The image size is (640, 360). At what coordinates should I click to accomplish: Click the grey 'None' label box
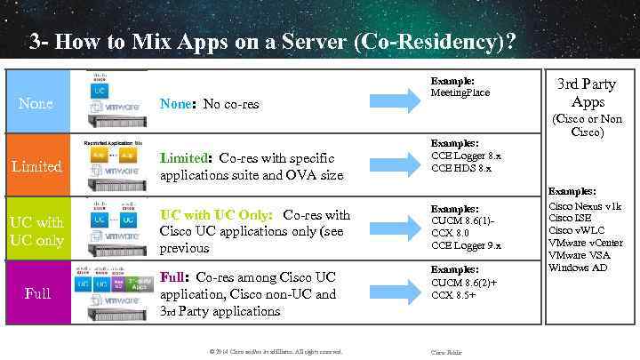click(36, 103)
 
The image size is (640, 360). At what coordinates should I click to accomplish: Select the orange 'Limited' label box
click(36, 166)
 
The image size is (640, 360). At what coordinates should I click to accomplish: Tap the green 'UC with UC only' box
click(36, 229)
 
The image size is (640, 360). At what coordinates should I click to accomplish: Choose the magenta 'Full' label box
click(36, 292)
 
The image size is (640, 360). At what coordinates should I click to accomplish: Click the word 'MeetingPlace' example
click(460, 92)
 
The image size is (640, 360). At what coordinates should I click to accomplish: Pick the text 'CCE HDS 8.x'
click(460, 167)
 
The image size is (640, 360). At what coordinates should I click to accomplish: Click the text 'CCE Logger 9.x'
click(466, 245)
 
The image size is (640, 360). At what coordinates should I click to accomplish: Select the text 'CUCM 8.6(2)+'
click(463, 282)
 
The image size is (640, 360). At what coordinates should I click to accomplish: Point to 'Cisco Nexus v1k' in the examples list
click(585, 205)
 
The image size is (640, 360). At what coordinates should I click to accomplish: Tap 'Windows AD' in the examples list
click(578, 268)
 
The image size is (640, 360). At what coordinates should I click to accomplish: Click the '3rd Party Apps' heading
click(586, 92)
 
